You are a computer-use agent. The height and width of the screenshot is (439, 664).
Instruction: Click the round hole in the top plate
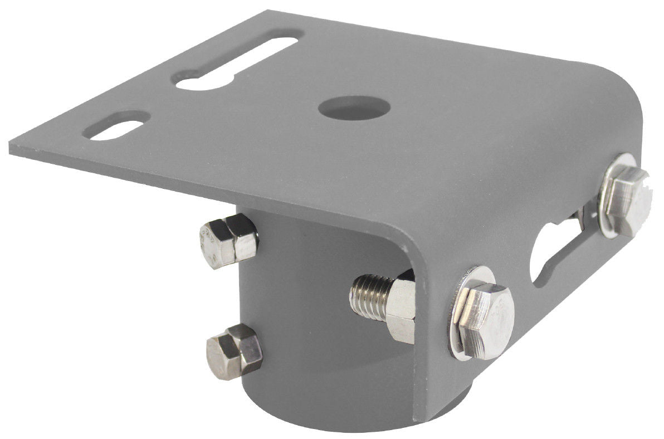click(x=346, y=106)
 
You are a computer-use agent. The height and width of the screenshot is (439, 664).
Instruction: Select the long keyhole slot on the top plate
click(x=240, y=61)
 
